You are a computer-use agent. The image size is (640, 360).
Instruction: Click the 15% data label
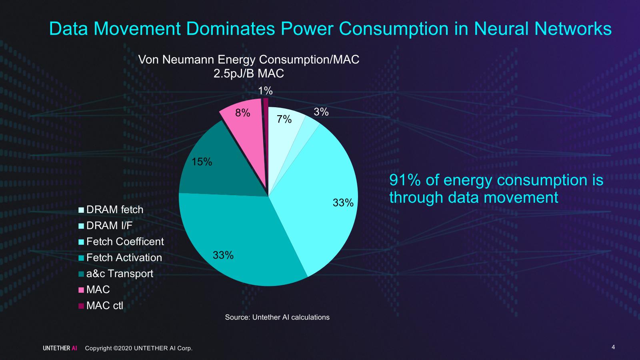[202, 162]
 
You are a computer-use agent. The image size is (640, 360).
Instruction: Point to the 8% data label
[242, 113]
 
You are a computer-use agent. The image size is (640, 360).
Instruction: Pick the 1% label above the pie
[265, 91]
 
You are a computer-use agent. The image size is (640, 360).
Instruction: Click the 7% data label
[284, 119]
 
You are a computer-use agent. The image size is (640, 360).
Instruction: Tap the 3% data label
[321, 112]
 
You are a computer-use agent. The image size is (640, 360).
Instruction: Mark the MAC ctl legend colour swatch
[81, 306]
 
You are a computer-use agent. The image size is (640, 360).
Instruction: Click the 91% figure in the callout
[404, 180]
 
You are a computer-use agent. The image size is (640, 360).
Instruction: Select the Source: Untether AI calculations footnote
[277, 317]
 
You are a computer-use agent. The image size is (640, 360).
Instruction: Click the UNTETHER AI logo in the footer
[60, 348]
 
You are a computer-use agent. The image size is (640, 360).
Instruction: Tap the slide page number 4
[613, 347]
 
